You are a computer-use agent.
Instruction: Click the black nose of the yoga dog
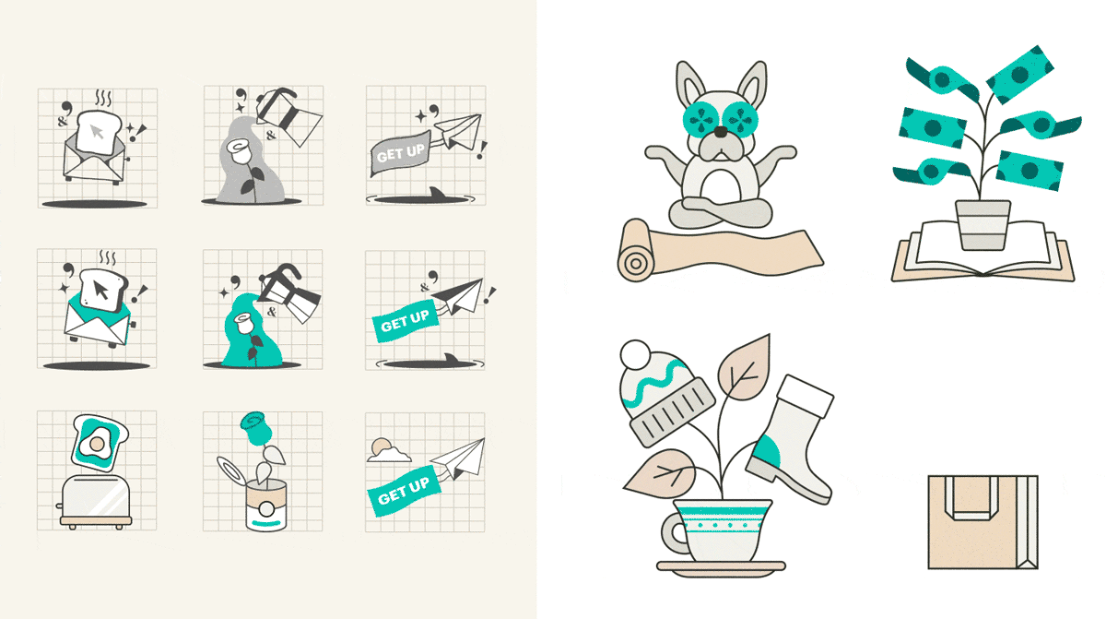(722, 132)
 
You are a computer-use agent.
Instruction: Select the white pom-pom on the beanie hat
(635, 354)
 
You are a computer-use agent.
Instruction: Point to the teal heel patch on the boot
(767, 452)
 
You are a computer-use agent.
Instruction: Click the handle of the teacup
(673, 534)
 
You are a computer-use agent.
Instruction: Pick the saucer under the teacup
(721, 568)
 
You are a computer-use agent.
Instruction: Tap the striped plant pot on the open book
(982, 225)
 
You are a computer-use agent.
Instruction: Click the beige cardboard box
(982, 522)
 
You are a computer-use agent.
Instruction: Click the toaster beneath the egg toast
(95, 502)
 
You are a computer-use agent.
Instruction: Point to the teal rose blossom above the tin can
(256, 428)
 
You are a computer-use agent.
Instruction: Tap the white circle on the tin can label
(266, 509)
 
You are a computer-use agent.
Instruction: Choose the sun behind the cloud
(381, 446)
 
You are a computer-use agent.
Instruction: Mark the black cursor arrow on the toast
(100, 291)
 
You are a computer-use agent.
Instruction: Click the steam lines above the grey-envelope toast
(103, 98)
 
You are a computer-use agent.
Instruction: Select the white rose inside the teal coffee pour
(244, 323)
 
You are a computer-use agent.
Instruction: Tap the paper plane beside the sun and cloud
(458, 458)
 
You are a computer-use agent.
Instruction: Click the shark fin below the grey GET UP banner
(437, 193)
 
